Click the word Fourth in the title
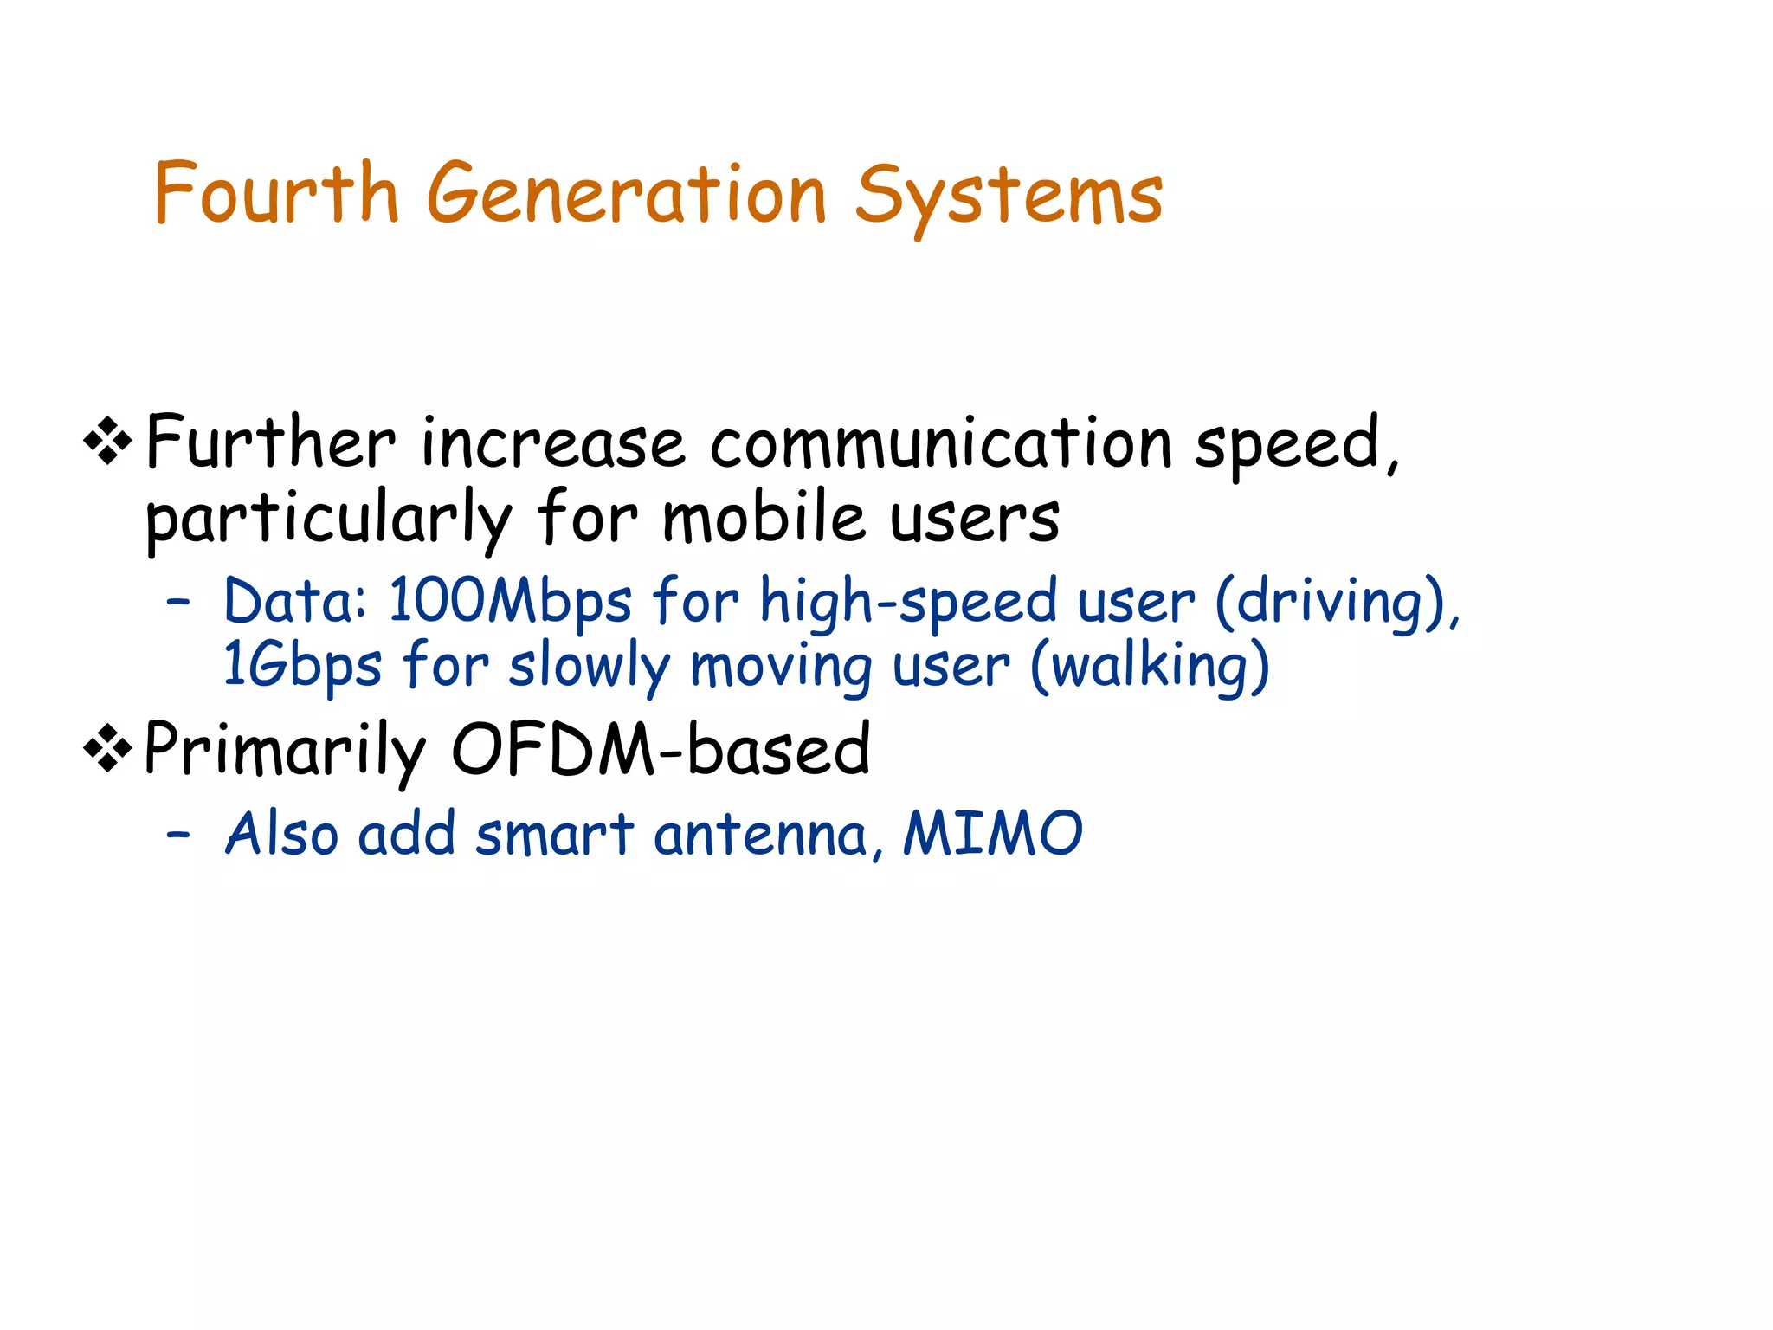coord(275,193)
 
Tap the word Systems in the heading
coord(1009,197)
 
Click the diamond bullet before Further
coord(108,442)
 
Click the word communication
coord(941,442)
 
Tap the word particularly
coord(329,520)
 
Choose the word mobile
coord(764,519)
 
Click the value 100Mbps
coord(510,601)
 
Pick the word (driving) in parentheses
coord(1338,601)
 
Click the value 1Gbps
coord(301,666)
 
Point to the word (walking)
coord(1150,666)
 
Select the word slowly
coord(590,666)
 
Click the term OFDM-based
coord(661,749)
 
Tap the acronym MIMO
coord(992,834)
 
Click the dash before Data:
coord(178,601)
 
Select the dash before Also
coord(178,835)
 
